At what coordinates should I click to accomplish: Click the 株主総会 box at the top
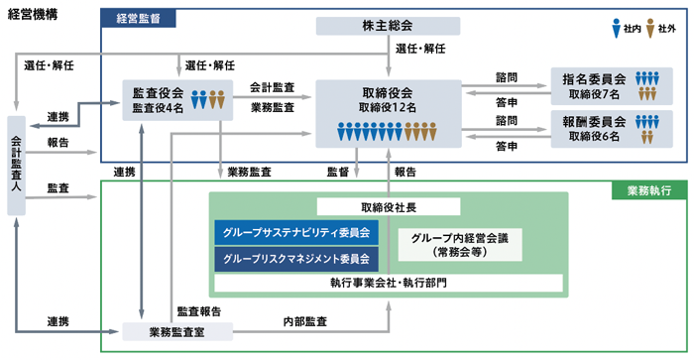point(389,25)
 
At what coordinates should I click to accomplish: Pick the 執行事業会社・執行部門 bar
point(389,284)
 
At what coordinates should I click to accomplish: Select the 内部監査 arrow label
point(307,322)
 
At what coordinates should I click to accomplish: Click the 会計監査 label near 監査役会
point(272,86)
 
